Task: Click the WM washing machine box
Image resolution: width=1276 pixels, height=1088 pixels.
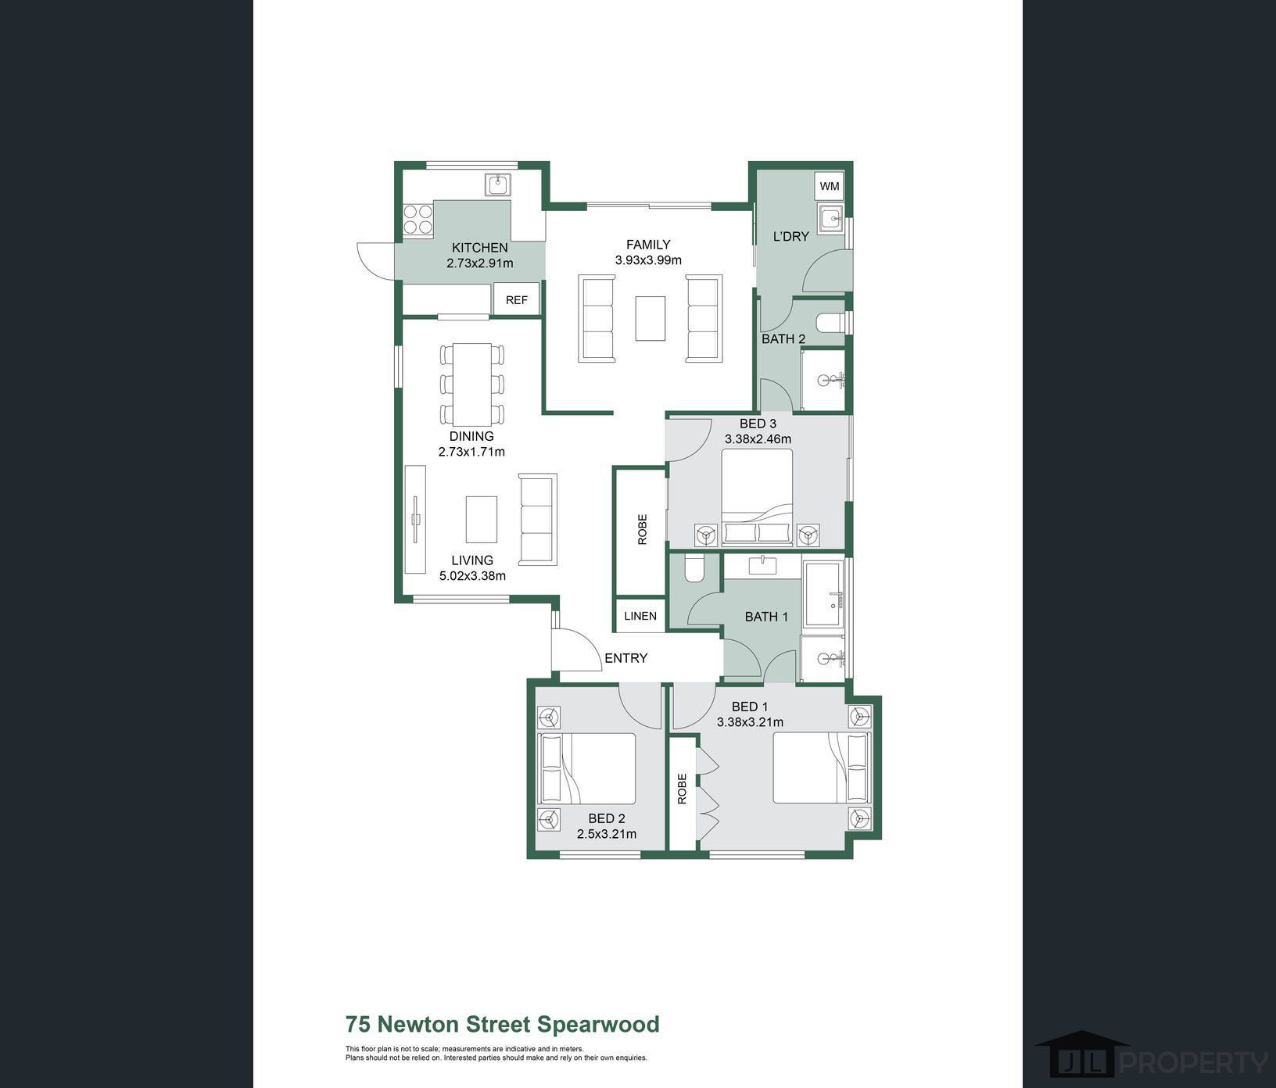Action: click(x=830, y=186)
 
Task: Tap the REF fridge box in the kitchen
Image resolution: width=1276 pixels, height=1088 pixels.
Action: click(x=516, y=299)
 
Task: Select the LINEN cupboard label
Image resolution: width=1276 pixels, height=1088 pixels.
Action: click(x=640, y=616)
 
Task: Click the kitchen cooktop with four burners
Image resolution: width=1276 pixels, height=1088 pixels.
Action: click(x=418, y=219)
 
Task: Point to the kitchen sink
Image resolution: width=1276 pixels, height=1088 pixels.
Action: click(x=497, y=184)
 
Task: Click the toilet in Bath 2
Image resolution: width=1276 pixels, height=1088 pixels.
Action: click(x=830, y=322)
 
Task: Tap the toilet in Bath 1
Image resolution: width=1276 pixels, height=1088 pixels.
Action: click(x=694, y=568)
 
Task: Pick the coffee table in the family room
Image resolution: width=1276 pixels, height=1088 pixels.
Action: click(x=651, y=318)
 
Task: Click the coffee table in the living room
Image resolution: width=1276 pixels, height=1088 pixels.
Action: click(x=482, y=519)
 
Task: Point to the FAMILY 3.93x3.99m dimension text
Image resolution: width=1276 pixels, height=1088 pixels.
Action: click(x=648, y=260)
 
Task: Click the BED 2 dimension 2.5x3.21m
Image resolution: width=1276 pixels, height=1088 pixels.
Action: click(x=607, y=834)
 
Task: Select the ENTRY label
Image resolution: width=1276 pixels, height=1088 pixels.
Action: click(x=626, y=658)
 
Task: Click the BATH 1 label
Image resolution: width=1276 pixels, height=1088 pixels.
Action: click(x=766, y=617)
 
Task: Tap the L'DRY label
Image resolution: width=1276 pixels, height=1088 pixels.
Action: click(x=790, y=236)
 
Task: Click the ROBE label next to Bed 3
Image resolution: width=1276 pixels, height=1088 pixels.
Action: click(x=643, y=529)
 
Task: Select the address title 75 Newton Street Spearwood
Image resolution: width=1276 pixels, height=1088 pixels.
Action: click(x=503, y=1024)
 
